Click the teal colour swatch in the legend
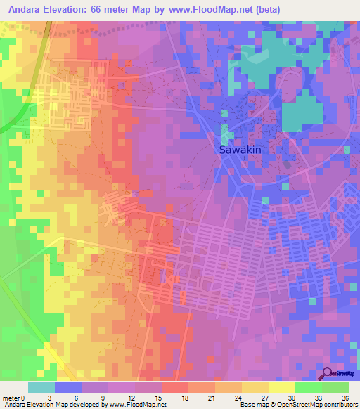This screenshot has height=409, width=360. coord(41,387)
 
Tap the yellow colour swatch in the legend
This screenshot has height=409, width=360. coord(282,387)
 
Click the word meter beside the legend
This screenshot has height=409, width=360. coord(12,397)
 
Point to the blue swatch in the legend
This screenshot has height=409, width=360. coord(68,387)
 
